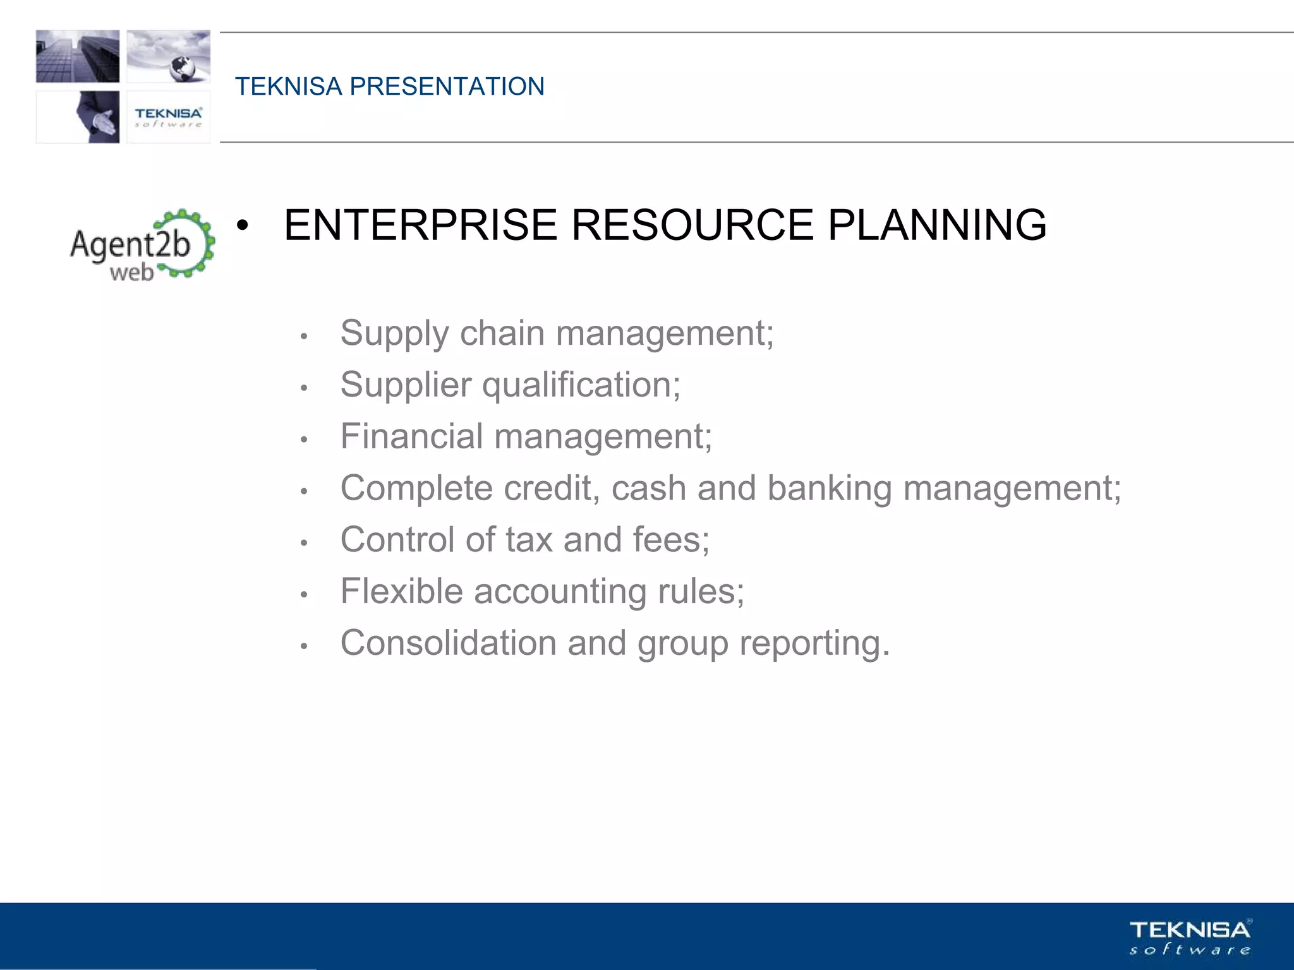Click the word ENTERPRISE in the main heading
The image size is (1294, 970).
420,225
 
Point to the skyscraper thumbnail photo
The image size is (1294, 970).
78,56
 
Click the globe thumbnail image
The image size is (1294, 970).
169,56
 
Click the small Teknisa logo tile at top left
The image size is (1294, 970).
169,117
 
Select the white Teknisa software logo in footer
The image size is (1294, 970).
1190,937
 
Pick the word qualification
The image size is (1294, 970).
580,385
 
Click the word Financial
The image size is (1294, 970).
411,436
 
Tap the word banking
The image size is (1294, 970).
829,489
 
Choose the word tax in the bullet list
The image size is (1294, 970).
529,540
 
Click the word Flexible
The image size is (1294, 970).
402,592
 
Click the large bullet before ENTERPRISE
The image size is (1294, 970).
243,226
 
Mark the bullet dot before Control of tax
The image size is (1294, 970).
304,542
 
